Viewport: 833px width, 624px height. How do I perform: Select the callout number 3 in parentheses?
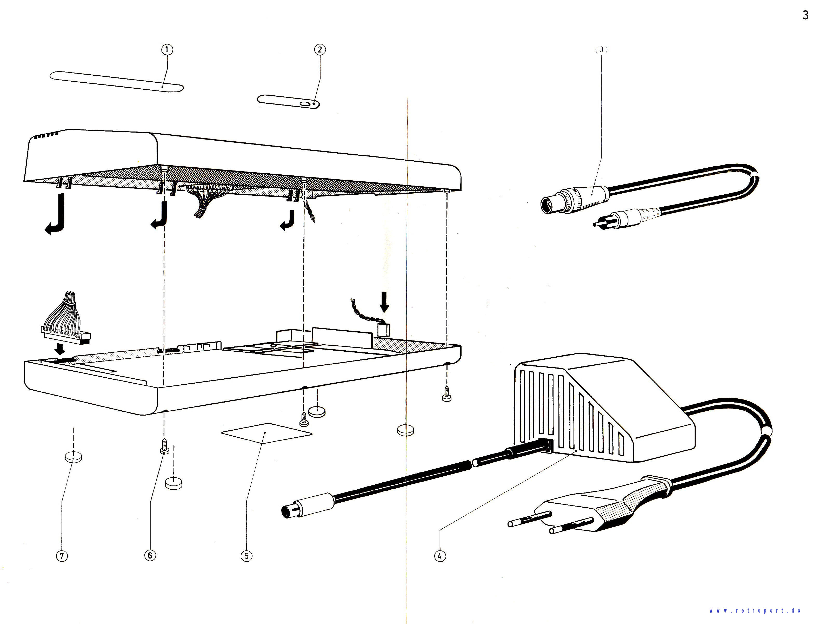click(x=601, y=49)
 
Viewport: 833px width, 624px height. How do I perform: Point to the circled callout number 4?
click(x=439, y=556)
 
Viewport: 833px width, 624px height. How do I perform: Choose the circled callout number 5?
click(x=246, y=556)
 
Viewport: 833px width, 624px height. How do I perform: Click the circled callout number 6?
click(x=150, y=555)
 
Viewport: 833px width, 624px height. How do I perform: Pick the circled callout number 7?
click(x=62, y=556)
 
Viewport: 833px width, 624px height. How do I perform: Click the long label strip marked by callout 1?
click(x=116, y=81)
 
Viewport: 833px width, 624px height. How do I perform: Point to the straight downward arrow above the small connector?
click(x=384, y=302)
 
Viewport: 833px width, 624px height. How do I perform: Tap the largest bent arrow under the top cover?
click(x=56, y=215)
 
